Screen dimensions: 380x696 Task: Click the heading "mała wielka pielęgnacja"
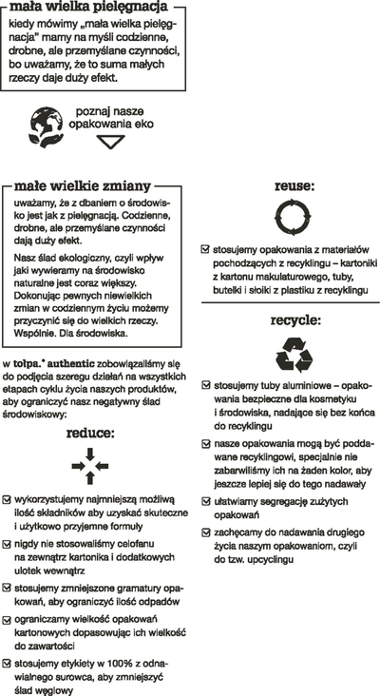pyautogui.click(x=88, y=7)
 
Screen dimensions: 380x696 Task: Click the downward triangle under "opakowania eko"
pyautogui.click(x=110, y=142)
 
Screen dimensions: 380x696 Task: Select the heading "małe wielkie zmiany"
pyautogui.click(x=83, y=185)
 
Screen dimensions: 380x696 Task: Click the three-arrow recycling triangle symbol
pyautogui.click(x=294, y=355)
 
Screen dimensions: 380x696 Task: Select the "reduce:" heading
pyautogui.click(x=90, y=433)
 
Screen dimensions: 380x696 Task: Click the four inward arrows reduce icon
pyautogui.click(x=90, y=466)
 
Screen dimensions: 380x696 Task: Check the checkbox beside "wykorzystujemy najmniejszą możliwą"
pyautogui.click(x=7, y=500)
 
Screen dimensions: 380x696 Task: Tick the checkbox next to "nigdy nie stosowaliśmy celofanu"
pyautogui.click(x=7, y=544)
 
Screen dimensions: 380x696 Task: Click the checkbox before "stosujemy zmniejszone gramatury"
pyautogui.click(x=7, y=589)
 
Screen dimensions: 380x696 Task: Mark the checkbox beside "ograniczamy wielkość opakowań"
pyautogui.click(x=7, y=619)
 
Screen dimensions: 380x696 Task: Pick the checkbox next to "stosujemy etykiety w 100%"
pyautogui.click(x=7, y=664)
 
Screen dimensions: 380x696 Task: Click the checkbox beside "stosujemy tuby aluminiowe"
pyautogui.click(x=206, y=385)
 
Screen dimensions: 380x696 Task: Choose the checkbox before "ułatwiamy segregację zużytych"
pyautogui.click(x=206, y=502)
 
